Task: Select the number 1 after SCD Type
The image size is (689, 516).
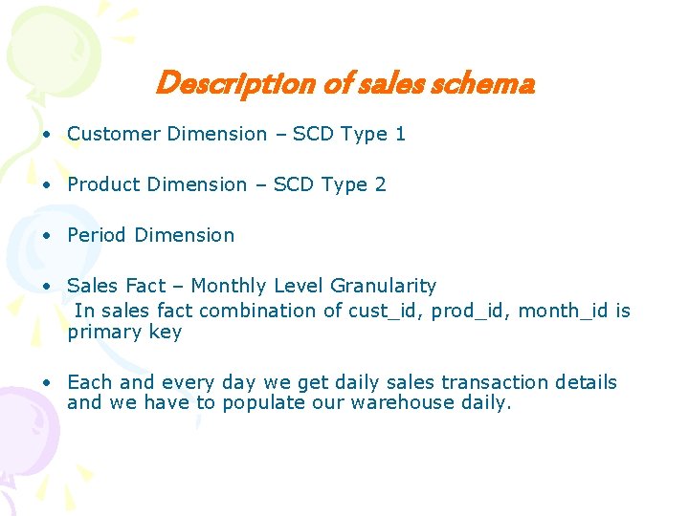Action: pyautogui.click(x=400, y=134)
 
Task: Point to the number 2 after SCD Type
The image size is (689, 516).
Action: pyautogui.click(x=381, y=184)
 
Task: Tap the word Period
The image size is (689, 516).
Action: pyautogui.click(x=97, y=235)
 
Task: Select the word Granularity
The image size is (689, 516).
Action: pyautogui.click(x=383, y=286)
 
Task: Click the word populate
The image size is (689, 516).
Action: pyautogui.click(x=257, y=402)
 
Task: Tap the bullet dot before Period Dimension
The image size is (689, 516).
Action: pyautogui.click(x=46, y=235)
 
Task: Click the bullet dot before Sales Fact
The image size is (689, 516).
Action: pyautogui.click(x=46, y=286)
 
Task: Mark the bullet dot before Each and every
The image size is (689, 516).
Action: pyautogui.click(x=46, y=382)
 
